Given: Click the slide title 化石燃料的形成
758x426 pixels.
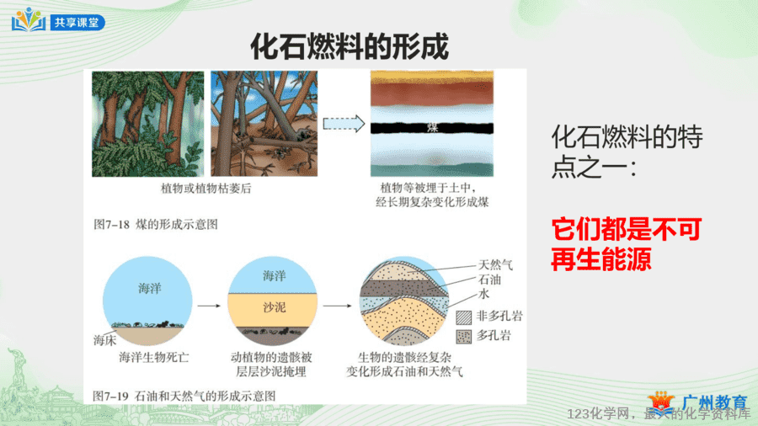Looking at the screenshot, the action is point(350,47).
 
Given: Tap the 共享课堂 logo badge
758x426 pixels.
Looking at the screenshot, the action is point(77,22).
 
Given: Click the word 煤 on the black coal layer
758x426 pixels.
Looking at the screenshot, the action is point(432,127).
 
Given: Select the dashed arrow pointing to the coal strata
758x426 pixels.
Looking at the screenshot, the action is point(344,124).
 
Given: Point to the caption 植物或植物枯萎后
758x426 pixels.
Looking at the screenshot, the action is point(206,189).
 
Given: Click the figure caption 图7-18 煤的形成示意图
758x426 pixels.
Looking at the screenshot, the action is point(156,225).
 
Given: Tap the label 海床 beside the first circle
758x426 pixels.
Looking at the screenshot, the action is point(105,340).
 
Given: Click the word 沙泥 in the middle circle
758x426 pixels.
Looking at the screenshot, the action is point(274,307).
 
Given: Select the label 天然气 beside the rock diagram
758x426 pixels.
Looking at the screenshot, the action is point(495,264).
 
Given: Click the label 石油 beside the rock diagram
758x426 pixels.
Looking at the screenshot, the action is point(489,280).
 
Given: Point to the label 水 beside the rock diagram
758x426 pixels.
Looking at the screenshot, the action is point(484,294).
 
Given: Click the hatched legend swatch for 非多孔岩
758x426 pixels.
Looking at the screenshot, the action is point(463,317).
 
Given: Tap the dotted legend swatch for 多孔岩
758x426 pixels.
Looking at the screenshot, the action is point(463,336).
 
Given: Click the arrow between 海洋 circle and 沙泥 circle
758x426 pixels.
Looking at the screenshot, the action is point(209,306).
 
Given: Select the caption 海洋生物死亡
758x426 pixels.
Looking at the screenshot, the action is point(154,358).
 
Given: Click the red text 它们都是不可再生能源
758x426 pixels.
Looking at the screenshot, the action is point(626,244).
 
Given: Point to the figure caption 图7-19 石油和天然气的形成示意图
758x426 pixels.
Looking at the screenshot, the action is point(184,396).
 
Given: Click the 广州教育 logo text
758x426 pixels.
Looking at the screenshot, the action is point(714,402).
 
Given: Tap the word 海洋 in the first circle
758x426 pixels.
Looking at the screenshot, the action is point(149,288).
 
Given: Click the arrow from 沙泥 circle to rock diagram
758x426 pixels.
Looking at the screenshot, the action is point(337,306).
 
